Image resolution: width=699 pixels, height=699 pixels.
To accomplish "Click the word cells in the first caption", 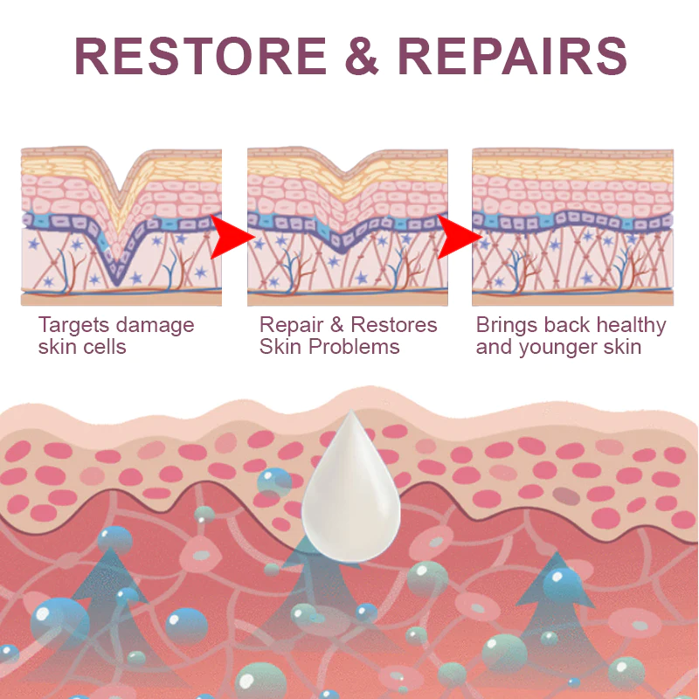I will [105, 347].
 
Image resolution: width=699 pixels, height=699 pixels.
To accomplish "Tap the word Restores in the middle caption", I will [393, 325].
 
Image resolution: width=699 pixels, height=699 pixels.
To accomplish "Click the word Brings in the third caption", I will [505, 326].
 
